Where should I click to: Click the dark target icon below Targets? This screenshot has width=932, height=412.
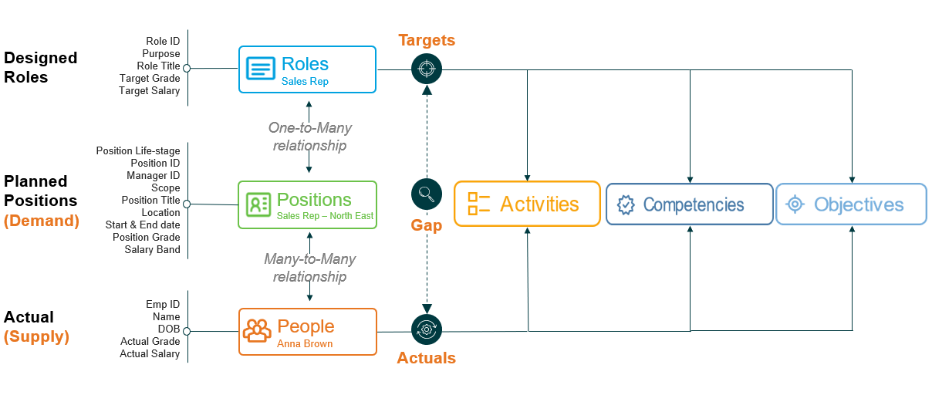coord(427,69)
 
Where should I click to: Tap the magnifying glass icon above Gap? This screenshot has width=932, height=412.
coord(427,194)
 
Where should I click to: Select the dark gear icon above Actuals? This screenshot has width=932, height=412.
coord(427,329)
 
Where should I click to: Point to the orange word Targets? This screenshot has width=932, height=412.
coord(427,40)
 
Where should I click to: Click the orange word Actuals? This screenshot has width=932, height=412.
coord(427,358)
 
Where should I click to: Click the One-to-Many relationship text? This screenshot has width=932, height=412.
coord(310,137)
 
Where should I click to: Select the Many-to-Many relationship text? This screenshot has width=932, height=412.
coord(310,268)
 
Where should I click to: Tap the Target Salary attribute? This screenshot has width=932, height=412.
coord(150,91)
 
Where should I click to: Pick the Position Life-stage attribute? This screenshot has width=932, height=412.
coord(138,150)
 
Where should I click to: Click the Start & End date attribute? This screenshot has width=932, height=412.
coord(143,225)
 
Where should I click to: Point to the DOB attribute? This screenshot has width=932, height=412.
coord(169,329)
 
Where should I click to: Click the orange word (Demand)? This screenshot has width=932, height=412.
coord(42,221)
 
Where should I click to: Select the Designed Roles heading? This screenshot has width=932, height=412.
coord(40,67)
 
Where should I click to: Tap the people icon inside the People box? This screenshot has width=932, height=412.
coord(257,331)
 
